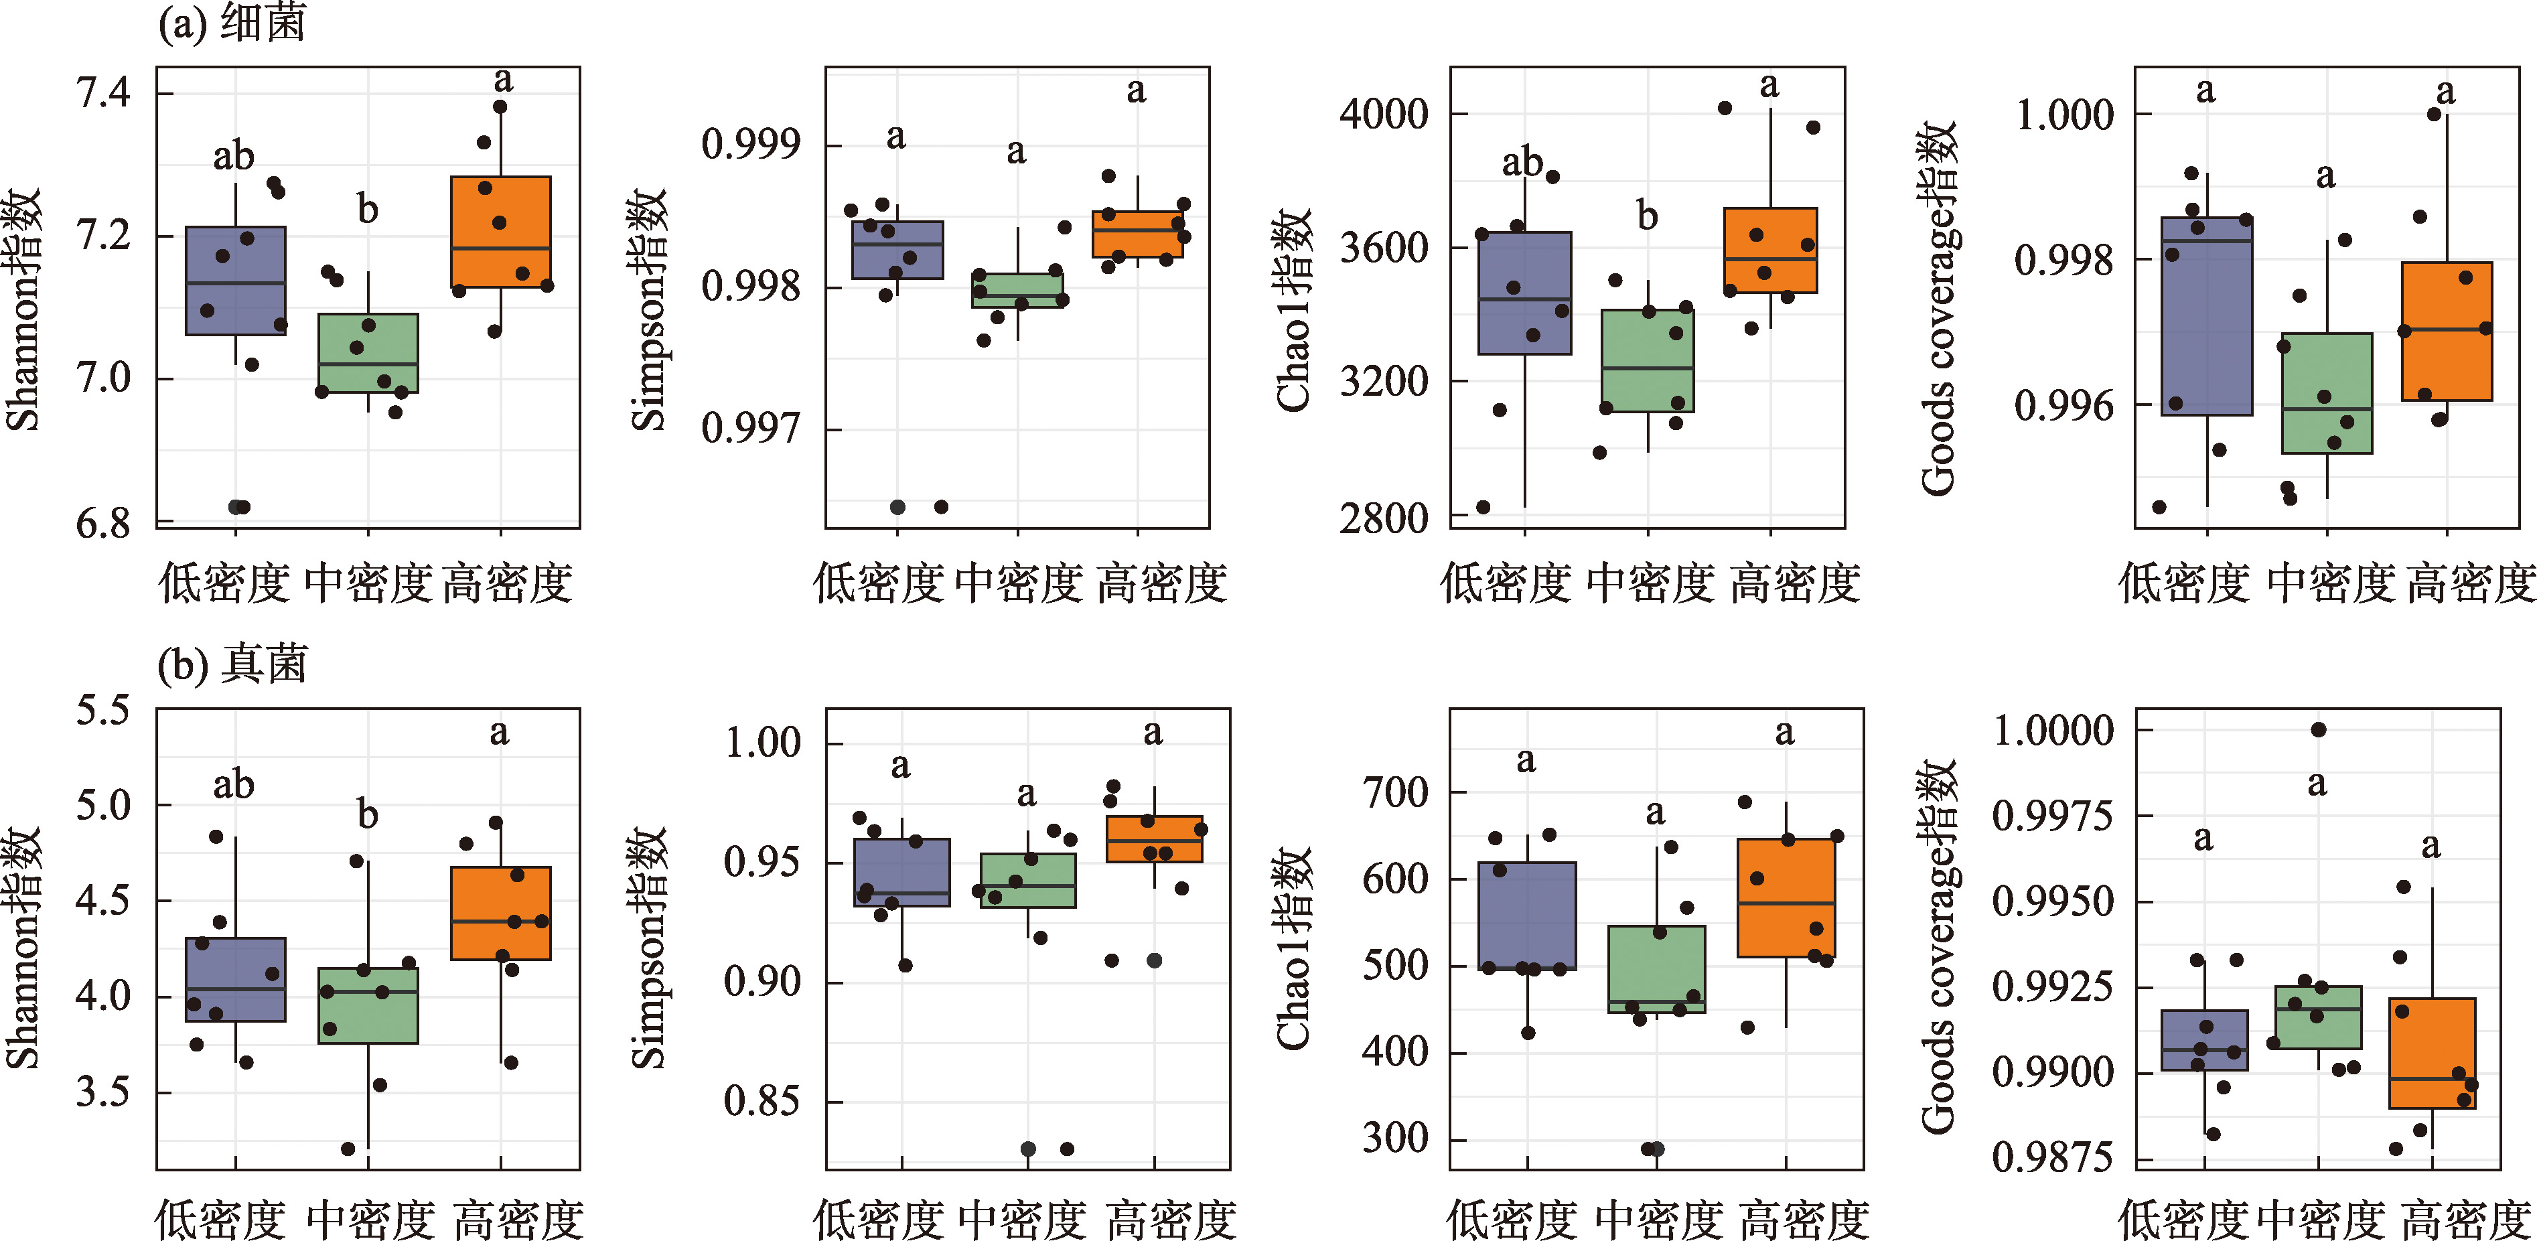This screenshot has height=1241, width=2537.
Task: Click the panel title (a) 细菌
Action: click(232, 21)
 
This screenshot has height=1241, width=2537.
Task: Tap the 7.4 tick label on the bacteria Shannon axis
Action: click(103, 94)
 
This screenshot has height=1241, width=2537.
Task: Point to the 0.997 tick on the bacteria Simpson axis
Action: click(751, 429)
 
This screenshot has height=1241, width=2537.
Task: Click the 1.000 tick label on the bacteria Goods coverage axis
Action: click(2063, 115)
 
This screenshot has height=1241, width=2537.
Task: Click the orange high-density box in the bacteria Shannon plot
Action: click(500, 232)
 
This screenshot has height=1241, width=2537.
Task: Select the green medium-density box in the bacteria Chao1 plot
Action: click(1648, 360)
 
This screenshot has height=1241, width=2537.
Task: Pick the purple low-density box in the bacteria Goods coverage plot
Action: click(2207, 315)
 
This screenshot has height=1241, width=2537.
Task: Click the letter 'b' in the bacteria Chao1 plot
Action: click(1647, 216)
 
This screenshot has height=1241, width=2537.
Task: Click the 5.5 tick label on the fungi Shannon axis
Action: click(103, 710)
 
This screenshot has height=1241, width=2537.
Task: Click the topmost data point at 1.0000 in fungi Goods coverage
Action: click(2319, 730)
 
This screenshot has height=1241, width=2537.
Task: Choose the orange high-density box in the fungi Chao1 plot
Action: click(1786, 897)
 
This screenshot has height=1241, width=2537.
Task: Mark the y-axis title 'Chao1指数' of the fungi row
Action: click(1294, 948)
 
